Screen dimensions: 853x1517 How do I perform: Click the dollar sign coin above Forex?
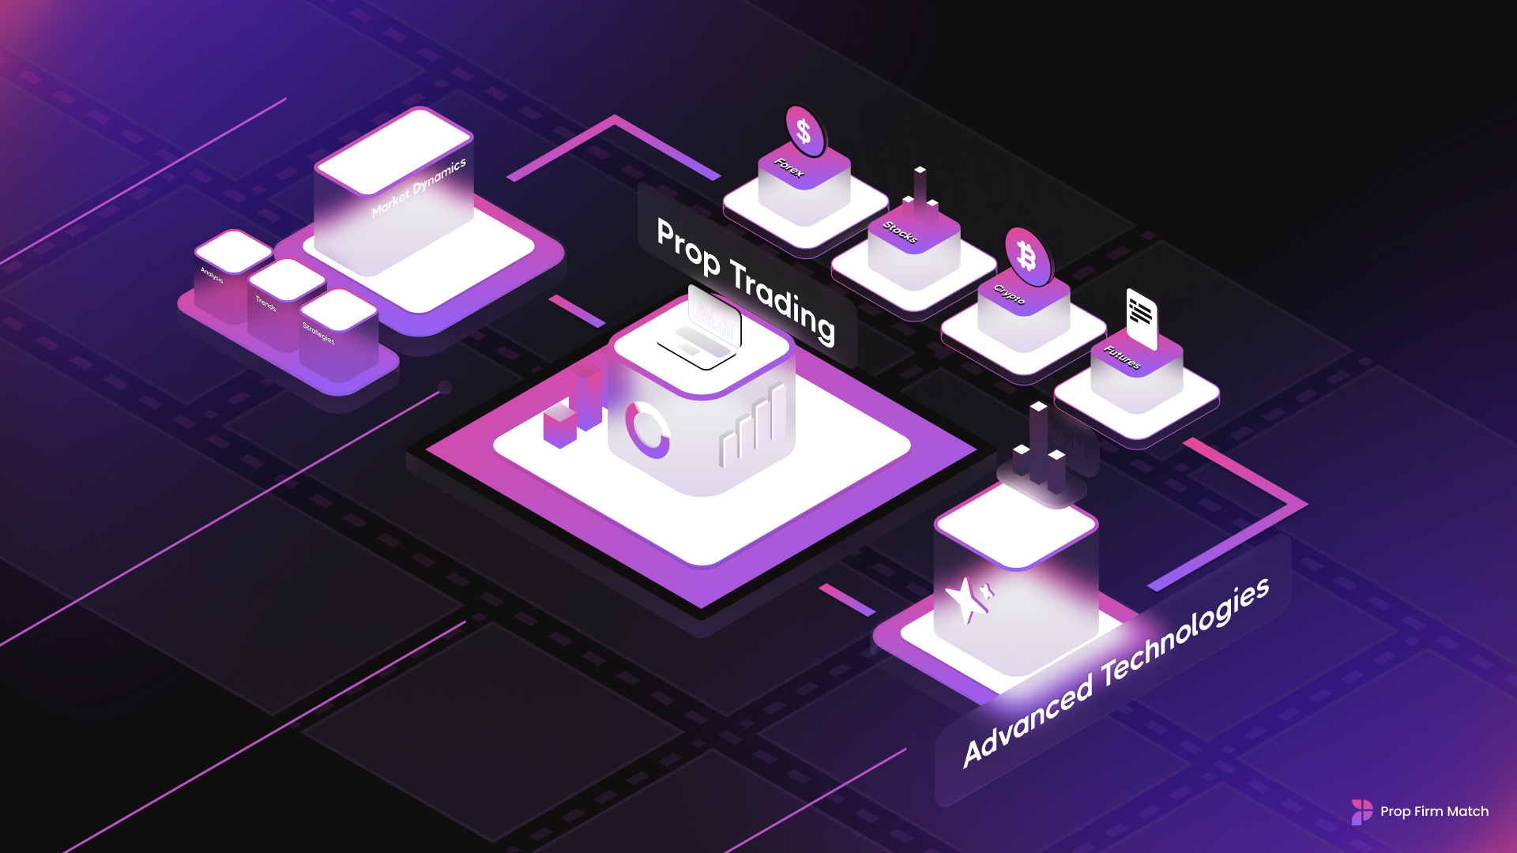point(804,131)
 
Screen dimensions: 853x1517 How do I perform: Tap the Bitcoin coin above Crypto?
point(1027,256)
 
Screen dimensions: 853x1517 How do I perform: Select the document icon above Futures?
point(1141,316)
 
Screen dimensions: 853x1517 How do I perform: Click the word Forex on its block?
point(789,167)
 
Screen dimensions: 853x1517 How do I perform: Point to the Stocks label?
point(900,232)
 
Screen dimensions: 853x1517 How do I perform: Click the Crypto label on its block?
point(1010,295)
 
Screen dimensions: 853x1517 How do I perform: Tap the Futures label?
point(1122,358)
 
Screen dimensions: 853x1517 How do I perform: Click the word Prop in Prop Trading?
point(688,247)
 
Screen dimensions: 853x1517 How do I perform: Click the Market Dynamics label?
point(419,188)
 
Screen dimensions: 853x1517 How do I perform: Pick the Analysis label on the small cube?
point(212,275)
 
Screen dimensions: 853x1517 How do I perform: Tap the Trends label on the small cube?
point(265,303)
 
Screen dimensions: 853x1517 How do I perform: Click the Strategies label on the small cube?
point(318,333)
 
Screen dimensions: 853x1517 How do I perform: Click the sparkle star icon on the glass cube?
point(969,599)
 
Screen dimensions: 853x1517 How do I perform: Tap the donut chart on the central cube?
point(647,430)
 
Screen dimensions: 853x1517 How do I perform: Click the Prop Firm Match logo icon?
point(1361,811)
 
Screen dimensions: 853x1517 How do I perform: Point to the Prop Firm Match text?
point(1434,811)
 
